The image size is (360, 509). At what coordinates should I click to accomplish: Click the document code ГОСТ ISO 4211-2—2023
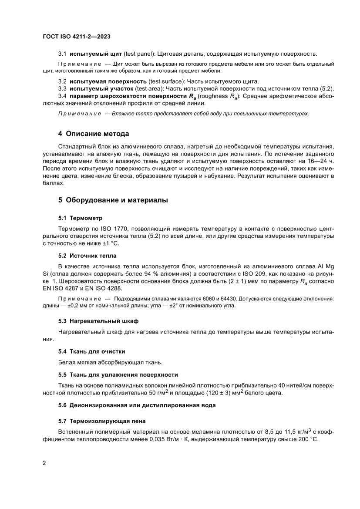pos(76,37)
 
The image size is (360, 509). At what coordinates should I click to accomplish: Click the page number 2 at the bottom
pos(44,463)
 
